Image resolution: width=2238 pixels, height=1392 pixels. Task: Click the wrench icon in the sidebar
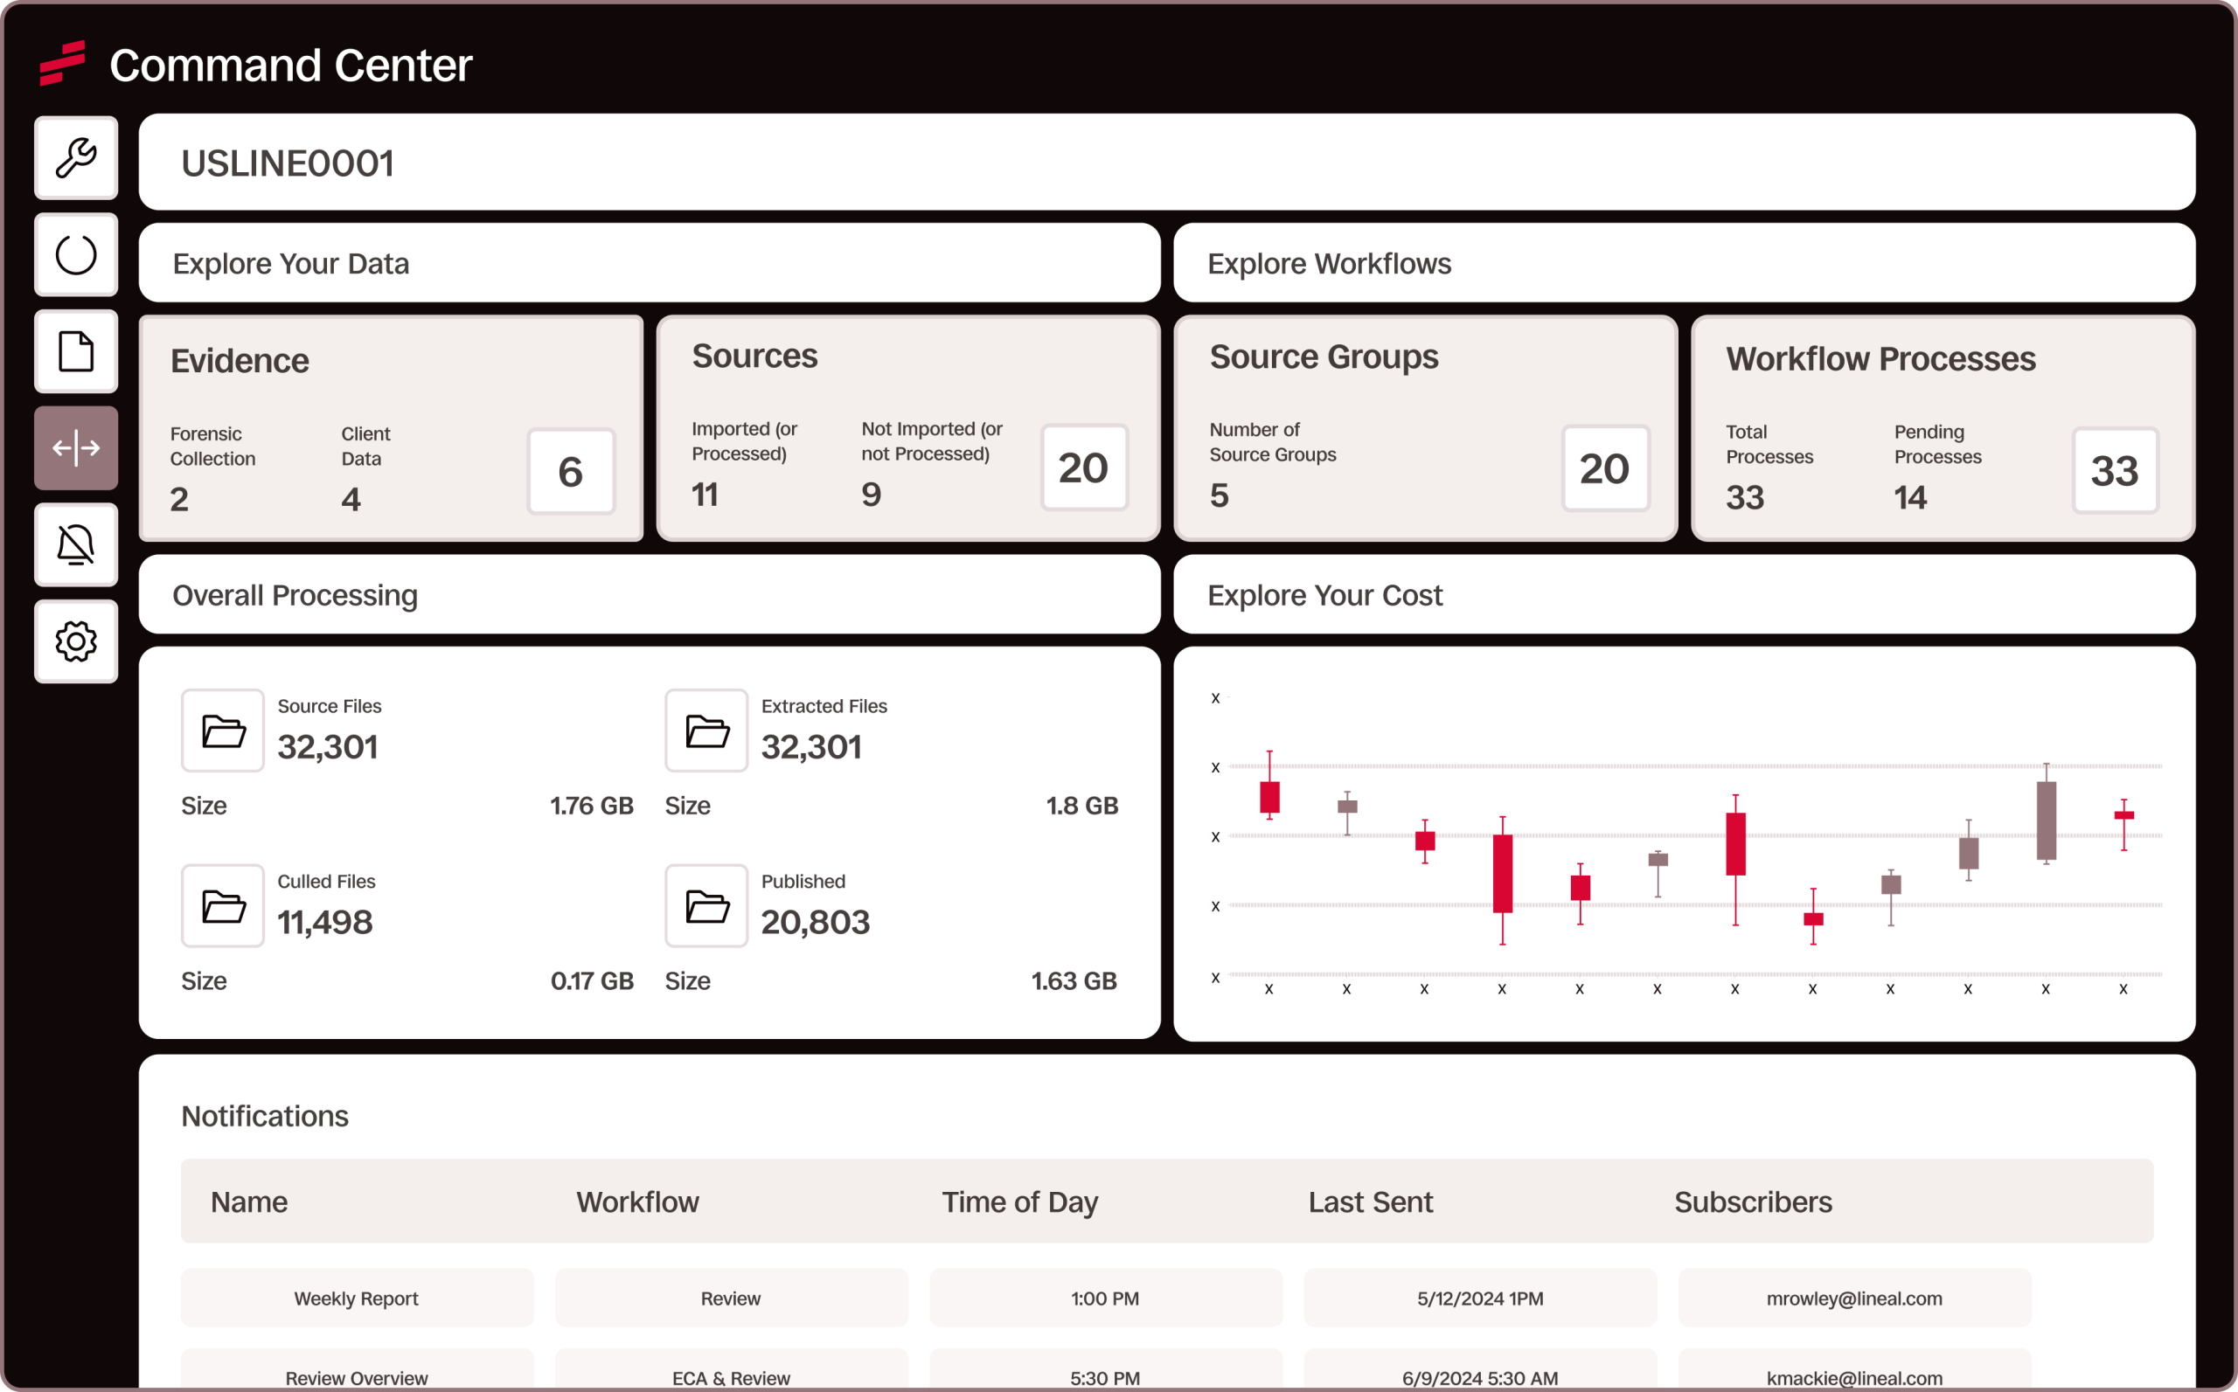[75, 157]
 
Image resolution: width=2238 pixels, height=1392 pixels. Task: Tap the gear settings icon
[75, 641]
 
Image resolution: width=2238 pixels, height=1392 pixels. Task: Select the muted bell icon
[75, 545]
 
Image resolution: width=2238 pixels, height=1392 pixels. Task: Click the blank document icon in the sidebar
[75, 351]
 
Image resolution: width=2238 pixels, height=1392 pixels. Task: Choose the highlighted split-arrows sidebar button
[75, 448]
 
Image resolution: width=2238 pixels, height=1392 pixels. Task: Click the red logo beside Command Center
[63, 63]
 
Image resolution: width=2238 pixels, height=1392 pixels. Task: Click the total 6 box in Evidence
[570, 471]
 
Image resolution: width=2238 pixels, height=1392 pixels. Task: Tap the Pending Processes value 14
[1910, 498]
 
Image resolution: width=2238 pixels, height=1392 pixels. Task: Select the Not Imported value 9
[872, 495]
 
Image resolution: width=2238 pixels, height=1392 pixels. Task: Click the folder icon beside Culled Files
[223, 906]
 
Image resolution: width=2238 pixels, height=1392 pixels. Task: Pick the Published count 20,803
[815, 923]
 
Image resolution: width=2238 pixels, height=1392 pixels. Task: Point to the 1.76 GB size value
[591, 806]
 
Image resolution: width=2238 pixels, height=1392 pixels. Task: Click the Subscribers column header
[1753, 1202]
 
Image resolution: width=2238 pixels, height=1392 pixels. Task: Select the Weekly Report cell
[357, 1299]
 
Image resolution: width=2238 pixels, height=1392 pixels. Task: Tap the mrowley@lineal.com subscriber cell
[1854, 1299]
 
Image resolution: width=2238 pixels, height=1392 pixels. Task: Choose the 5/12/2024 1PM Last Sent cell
[1480, 1299]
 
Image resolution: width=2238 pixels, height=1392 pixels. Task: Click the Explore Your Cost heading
[1324, 596]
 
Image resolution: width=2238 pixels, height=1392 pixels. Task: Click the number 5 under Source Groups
[1220, 496]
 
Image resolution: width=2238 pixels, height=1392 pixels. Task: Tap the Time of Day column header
[1019, 1202]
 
